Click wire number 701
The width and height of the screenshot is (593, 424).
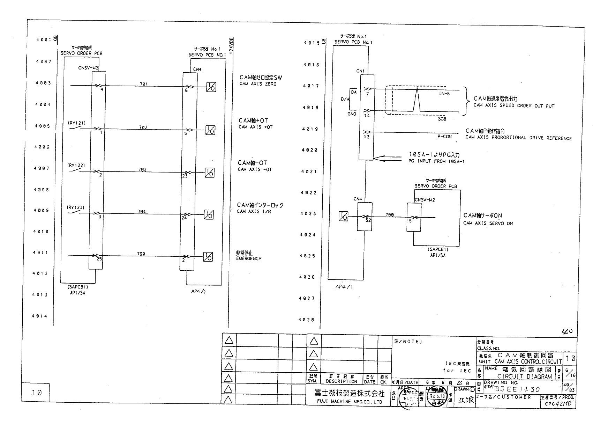tap(143, 84)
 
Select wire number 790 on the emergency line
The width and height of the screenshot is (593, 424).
tap(141, 254)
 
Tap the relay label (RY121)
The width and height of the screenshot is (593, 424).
tap(76, 123)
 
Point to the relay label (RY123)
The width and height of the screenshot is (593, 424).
tap(75, 207)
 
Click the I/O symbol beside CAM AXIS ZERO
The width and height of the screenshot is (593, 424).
tap(211, 87)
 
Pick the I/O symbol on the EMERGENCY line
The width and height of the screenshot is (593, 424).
tap(208, 257)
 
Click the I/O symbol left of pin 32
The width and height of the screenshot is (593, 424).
tap(343, 217)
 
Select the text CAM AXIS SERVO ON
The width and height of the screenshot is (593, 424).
tap(488, 223)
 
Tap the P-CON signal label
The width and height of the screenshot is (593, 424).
tap(444, 137)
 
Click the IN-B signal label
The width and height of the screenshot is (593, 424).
tap(444, 94)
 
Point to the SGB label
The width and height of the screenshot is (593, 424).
tap(442, 119)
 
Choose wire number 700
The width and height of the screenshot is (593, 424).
tap(390, 215)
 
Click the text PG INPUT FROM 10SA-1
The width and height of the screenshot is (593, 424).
tap(436, 161)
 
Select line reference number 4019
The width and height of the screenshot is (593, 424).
tap(310, 129)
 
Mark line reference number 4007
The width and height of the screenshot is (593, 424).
tap(42, 168)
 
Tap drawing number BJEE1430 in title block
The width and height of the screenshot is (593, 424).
tap(517, 389)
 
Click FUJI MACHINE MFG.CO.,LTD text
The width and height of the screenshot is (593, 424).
tap(345, 402)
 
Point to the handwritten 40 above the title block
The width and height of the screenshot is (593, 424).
tap(567, 331)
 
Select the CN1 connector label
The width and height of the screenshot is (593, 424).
tap(360, 71)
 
